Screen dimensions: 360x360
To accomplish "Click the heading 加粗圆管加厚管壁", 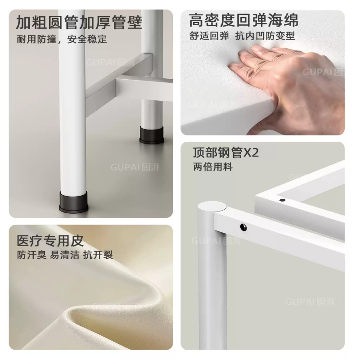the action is pos(79,22).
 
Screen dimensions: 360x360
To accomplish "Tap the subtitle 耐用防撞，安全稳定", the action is pos(62,39).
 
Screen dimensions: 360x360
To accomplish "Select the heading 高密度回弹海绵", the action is pos(243,20).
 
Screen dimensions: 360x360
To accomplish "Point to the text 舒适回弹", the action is pos(209,36).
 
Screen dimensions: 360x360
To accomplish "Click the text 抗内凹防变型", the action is pos(265,36).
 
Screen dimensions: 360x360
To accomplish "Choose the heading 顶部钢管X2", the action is pos(226,153).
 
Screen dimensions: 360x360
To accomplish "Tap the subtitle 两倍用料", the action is pos(213,167).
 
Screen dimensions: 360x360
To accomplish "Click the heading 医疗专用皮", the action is pos(50,241).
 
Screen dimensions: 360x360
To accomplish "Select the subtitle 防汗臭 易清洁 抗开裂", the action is pos(65,255).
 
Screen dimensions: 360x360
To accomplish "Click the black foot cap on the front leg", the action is pos(74,202).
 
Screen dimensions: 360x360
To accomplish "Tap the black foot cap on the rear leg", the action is pos(152,135).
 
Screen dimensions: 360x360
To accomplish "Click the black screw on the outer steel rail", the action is pos(243,227).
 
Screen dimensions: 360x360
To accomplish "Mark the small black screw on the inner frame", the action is pos(283,200).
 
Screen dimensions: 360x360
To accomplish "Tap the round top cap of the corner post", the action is pos(212,206).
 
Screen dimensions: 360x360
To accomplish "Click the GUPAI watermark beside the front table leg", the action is pos(135,167).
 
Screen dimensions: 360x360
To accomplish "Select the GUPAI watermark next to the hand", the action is pos(323,72).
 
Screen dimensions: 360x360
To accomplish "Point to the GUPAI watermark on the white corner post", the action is pos(216,241).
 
